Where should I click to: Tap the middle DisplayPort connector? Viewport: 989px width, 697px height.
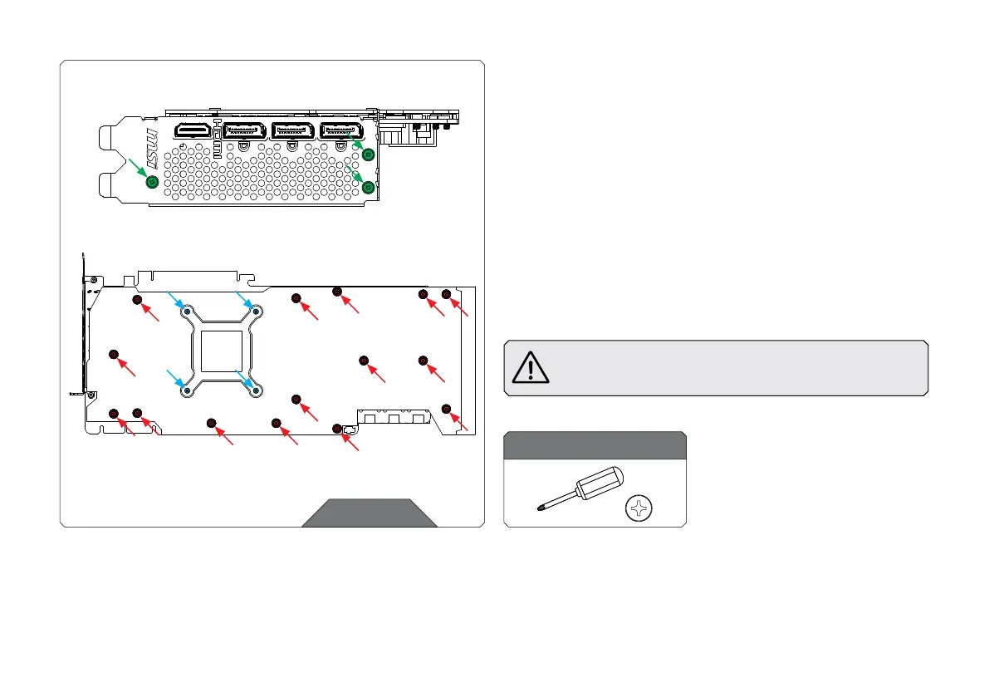pos(293,130)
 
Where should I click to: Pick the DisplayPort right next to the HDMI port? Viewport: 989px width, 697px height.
pos(245,130)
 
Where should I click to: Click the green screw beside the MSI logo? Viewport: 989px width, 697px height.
pos(152,181)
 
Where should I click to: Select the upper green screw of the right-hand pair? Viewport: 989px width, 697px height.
pos(369,155)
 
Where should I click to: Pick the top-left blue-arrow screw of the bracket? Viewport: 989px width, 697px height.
pos(188,312)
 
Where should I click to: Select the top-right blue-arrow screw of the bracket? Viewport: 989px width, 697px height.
pos(257,312)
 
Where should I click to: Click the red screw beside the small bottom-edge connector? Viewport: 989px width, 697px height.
pos(337,429)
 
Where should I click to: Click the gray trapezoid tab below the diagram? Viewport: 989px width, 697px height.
pos(370,513)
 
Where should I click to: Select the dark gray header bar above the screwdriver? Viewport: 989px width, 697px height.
pos(595,445)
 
